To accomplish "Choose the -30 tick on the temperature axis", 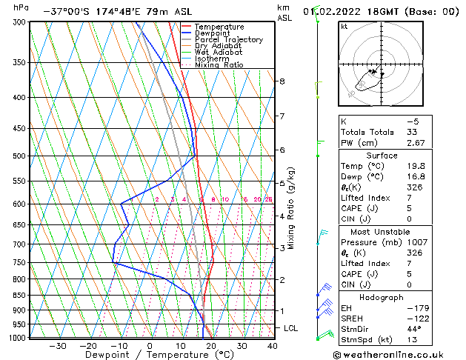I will pyautogui.click(x=58, y=346).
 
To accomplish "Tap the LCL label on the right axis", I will pyautogui.click(x=291, y=327).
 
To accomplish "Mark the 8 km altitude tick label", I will pyautogui.click(x=282, y=81).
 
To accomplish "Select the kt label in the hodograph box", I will pyautogui.click(x=344, y=26).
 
